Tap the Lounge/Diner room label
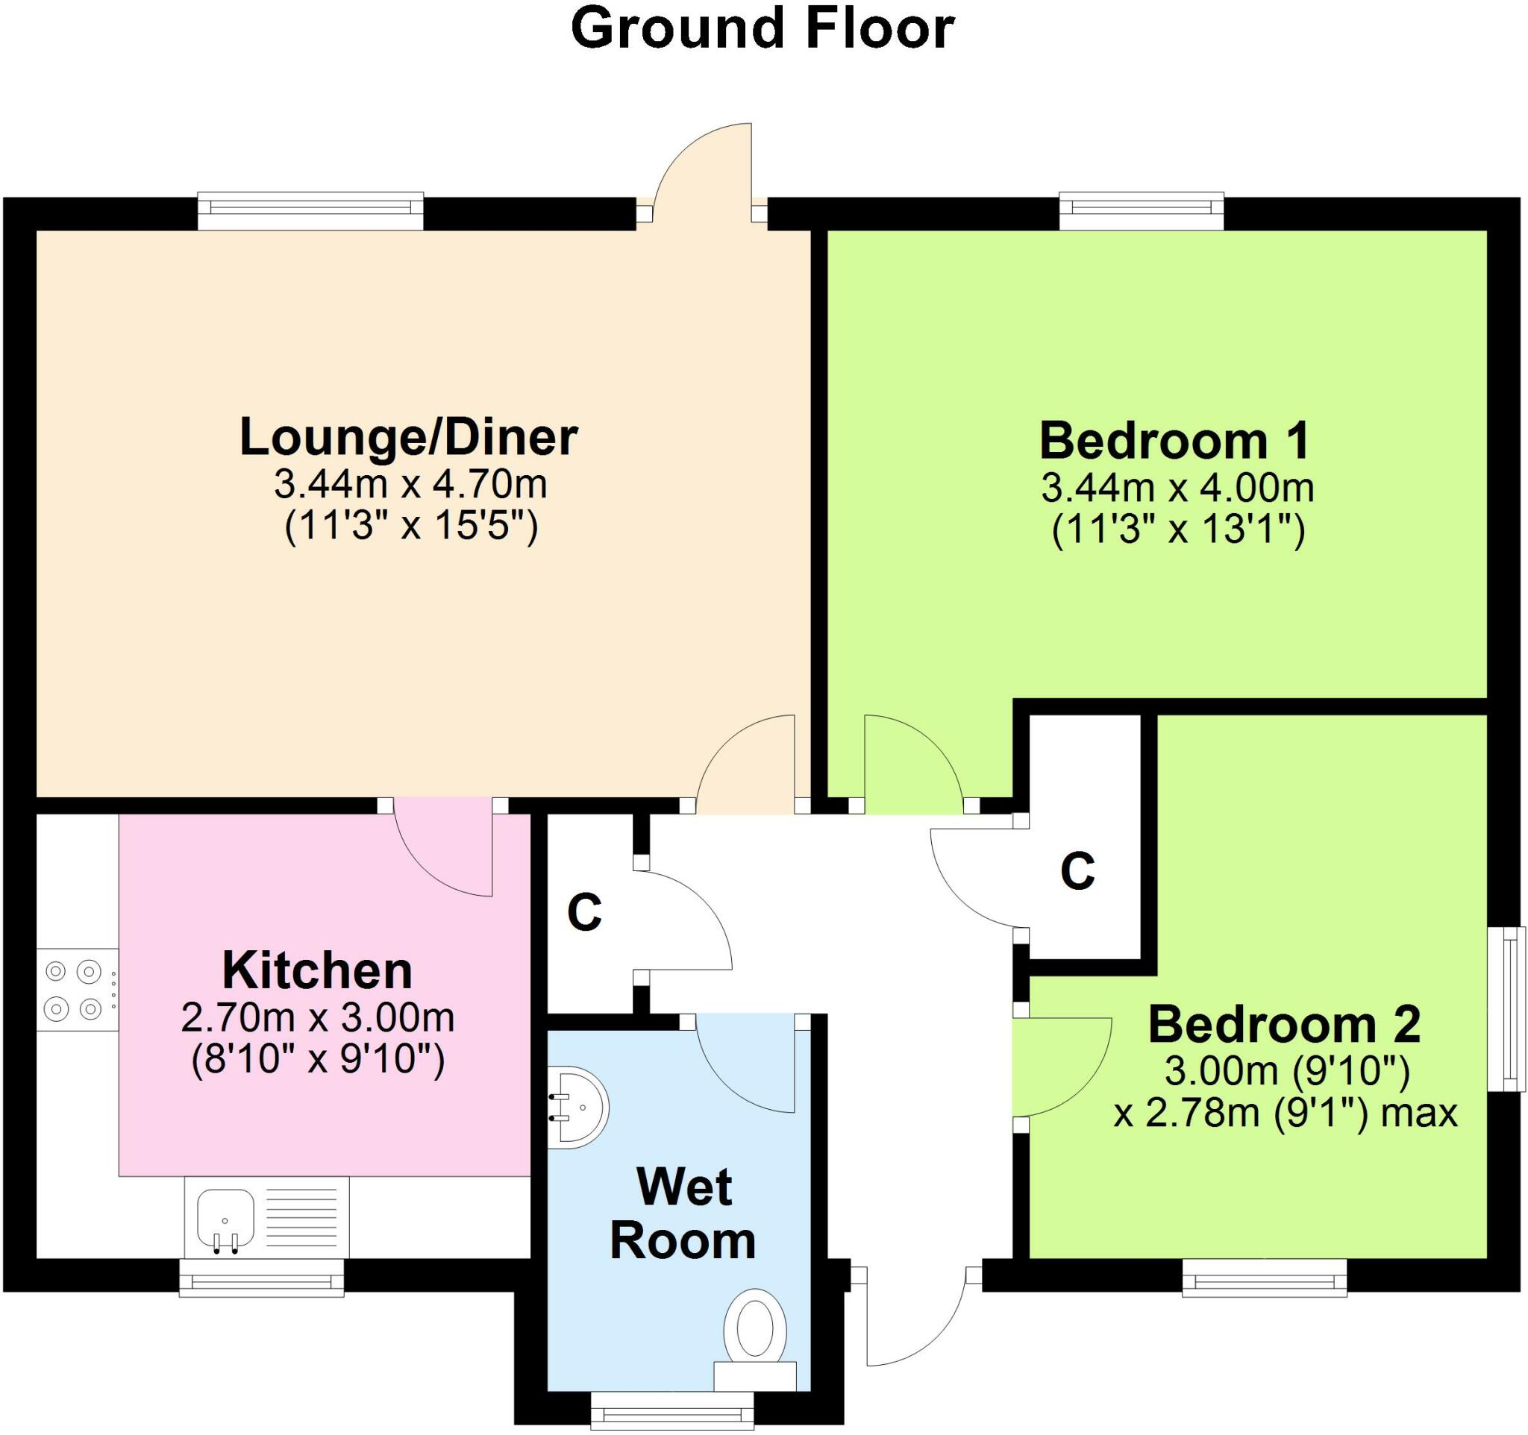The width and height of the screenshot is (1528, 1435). coord(408,437)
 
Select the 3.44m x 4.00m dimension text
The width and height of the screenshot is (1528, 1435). coord(1177,489)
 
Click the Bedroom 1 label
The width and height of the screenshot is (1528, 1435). coord(1174,441)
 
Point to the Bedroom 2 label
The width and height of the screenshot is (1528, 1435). coord(1283,1025)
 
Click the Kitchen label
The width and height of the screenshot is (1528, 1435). coord(317,971)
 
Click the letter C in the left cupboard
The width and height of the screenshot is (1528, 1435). coord(584,913)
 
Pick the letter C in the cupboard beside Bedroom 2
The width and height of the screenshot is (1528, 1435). coord(1077,871)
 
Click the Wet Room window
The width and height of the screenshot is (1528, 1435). coord(671,1414)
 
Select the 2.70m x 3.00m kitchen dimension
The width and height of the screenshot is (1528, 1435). coord(317,1020)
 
